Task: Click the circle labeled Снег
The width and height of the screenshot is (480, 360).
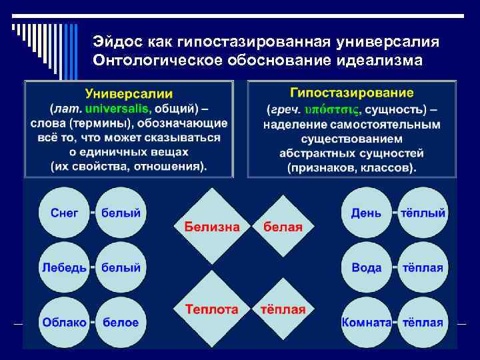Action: pos(65,213)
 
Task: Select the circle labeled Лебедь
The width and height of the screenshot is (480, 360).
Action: pos(65,267)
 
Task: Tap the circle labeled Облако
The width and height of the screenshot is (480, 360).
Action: pos(65,322)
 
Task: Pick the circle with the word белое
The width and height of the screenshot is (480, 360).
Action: pos(121,322)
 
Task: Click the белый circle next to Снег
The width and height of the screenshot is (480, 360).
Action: pos(121,213)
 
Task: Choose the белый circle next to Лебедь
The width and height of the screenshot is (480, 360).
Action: pos(121,267)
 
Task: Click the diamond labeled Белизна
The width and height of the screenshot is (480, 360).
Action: pos(212,226)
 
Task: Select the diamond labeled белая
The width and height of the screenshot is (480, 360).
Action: pos(283,227)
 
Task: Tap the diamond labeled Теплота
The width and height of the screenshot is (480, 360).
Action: pos(212,309)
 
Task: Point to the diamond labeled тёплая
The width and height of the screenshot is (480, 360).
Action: pos(283,309)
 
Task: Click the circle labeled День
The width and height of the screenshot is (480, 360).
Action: pos(367,213)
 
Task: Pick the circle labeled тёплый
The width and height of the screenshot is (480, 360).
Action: pos(423,213)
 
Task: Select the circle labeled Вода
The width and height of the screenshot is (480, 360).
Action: pos(367,267)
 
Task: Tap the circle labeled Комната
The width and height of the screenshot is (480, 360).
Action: pos(367,322)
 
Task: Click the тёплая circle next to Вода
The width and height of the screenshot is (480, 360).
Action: pos(423,267)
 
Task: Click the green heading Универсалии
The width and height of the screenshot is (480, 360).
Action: pos(129,94)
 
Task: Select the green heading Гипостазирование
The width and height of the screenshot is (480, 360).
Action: pos(352,93)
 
